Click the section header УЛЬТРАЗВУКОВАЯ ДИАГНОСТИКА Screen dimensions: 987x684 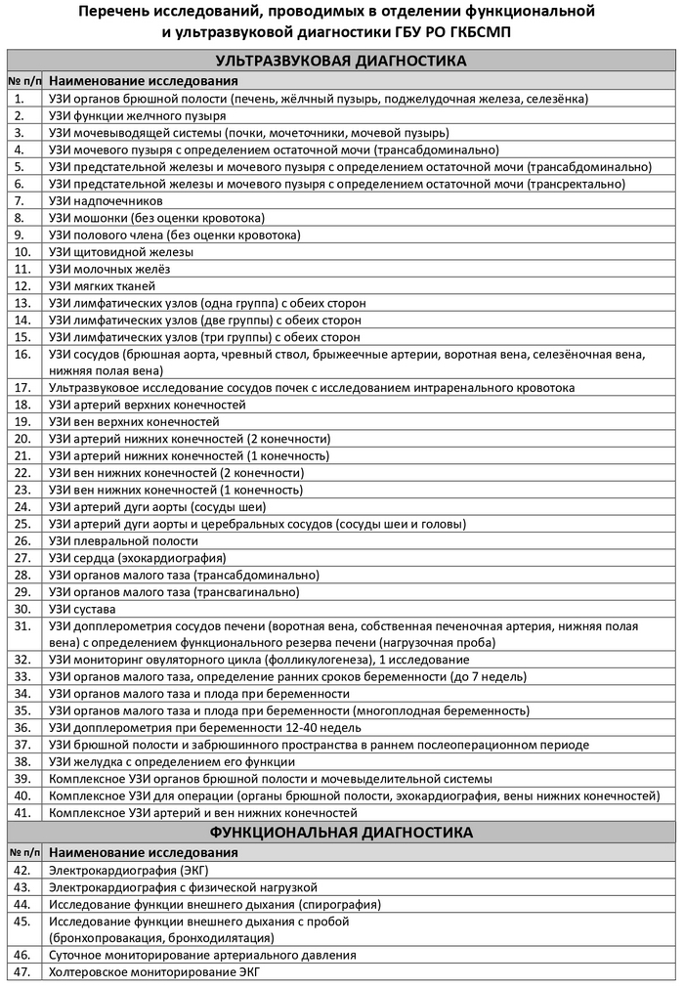[x=340, y=61]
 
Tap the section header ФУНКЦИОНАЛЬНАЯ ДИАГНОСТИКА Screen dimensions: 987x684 [x=340, y=833]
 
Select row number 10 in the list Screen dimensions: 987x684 [x=21, y=252]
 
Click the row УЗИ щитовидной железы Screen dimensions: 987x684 [x=121, y=252]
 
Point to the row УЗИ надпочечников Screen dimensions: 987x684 [x=112, y=200]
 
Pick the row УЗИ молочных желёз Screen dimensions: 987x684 [x=109, y=269]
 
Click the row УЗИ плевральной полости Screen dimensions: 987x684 [x=124, y=540]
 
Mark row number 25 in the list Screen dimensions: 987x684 [x=21, y=524]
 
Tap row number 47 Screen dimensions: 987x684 [x=21, y=971]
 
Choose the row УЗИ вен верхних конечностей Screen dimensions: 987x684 [x=134, y=422]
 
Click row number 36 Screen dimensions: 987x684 [x=21, y=727]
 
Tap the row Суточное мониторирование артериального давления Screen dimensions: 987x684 [x=202, y=955]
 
